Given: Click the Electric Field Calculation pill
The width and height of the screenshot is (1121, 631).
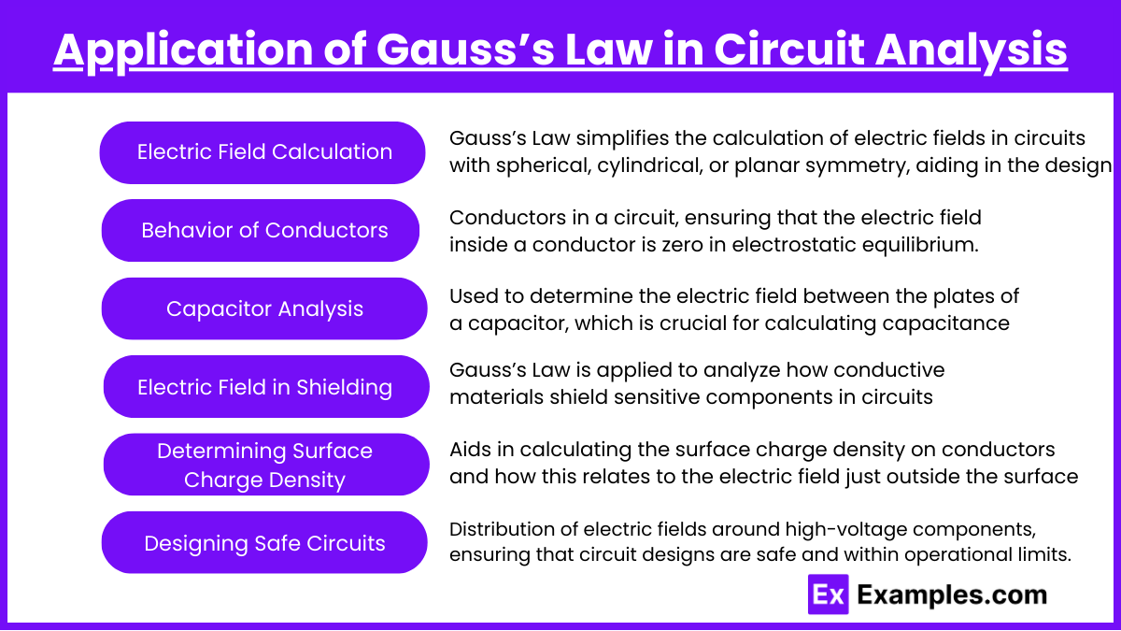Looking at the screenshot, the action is tap(263, 152).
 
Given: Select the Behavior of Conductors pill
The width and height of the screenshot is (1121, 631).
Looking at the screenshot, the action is tap(261, 230).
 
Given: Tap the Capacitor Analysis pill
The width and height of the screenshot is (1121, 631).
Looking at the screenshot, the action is tap(264, 308).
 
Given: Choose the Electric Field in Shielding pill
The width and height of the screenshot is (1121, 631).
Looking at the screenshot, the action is tap(266, 387).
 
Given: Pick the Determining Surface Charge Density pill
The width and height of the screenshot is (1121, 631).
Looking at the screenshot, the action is tap(266, 465).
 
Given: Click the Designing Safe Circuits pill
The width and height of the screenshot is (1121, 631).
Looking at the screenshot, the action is tap(264, 542).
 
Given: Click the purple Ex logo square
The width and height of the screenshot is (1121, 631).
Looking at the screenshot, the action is tap(829, 595).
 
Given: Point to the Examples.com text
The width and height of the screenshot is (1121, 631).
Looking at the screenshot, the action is tap(952, 595).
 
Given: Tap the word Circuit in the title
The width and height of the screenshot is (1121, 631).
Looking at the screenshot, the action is tap(789, 50).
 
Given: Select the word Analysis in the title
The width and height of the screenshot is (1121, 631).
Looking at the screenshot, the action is tap(972, 50).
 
